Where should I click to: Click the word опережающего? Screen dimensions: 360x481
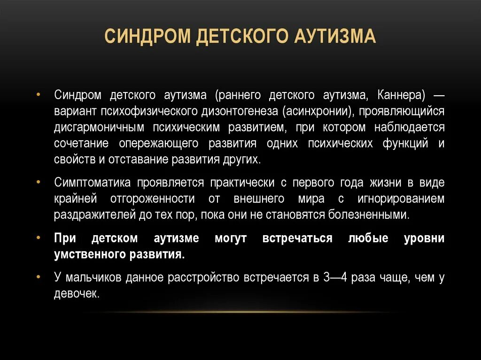click(x=158, y=143)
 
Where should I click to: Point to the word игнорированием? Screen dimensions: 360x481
click(x=400, y=198)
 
